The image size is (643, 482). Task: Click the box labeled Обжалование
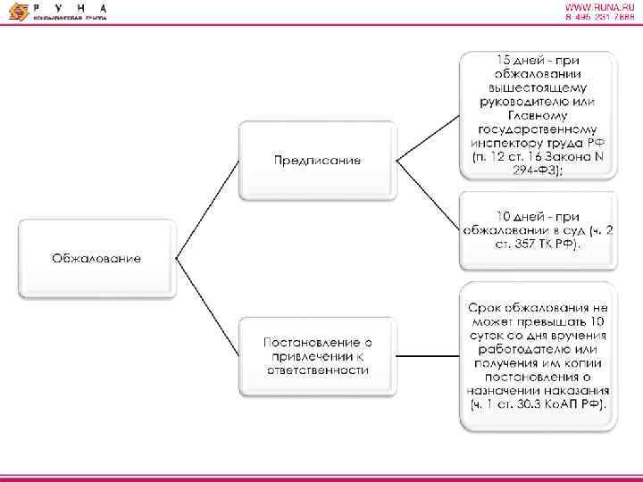coord(96,258)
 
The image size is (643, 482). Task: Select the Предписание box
coord(317,160)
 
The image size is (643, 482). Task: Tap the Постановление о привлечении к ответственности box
coord(317,356)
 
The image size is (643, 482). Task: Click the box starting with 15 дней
coord(539,115)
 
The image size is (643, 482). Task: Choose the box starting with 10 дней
coord(539,230)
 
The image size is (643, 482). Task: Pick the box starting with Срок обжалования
coord(539,356)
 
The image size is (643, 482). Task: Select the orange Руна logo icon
coord(14,12)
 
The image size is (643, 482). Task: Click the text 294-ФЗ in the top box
coord(539,170)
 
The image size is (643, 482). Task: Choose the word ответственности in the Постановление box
coord(317,370)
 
